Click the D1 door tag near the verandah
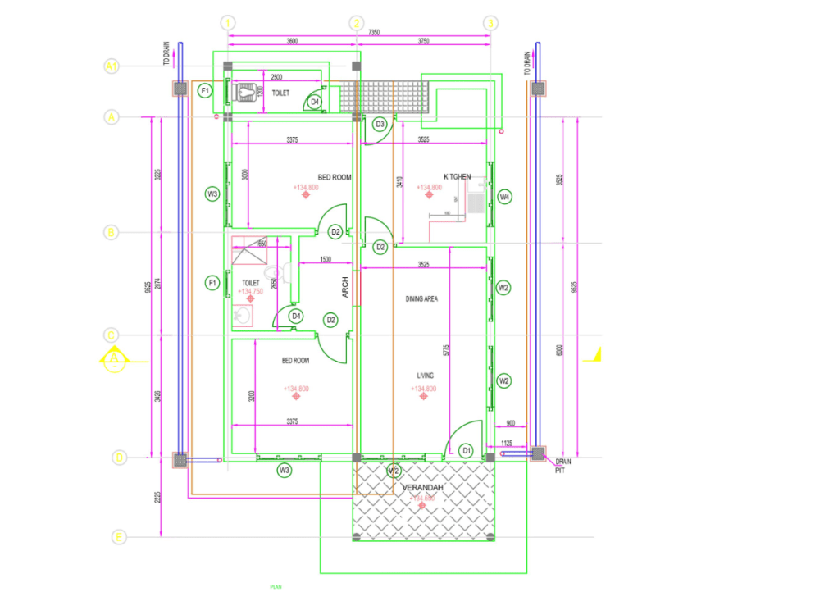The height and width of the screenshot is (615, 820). [466, 450]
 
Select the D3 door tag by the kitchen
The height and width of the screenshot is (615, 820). [380, 125]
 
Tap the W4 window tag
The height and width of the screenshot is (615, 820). [504, 197]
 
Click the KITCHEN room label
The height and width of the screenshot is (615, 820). [458, 177]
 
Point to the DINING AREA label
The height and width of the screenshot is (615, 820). [421, 299]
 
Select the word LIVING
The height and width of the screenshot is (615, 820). [425, 376]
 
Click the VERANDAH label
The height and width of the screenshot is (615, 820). [422, 488]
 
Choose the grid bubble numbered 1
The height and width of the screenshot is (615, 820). [228, 23]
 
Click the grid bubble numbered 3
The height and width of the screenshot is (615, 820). [490, 23]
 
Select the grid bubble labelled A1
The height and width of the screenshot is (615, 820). [112, 66]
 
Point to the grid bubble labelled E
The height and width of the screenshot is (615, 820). [119, 537]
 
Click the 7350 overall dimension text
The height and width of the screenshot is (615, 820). [374, 32]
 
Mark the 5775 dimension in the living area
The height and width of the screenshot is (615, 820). [447, 348]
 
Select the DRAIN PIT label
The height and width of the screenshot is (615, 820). [561, 466]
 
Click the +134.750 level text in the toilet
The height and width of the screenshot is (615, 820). [250, 291]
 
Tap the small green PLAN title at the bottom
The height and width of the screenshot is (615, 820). [276, 587]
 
